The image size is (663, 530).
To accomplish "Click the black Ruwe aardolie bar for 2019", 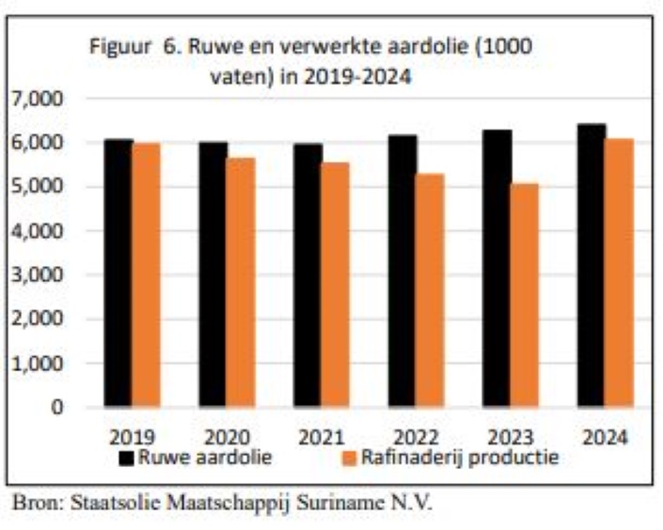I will (118, 273).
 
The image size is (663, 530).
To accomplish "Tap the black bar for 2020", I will (213, 273).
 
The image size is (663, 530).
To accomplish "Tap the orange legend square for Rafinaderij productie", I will (346, 459).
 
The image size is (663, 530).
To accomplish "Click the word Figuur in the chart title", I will (118, 47).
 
